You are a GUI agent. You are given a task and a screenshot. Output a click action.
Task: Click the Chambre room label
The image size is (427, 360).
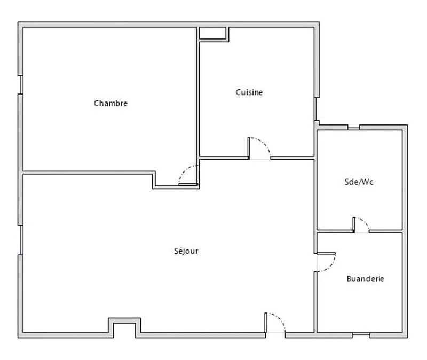point(110,103)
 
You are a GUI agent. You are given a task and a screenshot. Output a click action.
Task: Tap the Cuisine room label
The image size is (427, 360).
point(249,92)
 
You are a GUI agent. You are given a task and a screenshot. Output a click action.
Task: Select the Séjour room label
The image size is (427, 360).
point(186,251)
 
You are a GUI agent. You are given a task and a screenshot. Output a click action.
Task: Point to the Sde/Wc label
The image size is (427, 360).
point(359,182)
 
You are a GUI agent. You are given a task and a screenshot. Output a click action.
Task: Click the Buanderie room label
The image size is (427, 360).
point(365,279)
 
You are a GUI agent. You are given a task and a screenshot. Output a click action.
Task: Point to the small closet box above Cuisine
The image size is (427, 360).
point(213,33)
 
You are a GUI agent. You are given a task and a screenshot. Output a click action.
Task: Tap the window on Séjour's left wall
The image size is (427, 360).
point(21,240)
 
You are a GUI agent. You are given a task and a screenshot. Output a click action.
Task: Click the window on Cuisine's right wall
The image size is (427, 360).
point(317,109)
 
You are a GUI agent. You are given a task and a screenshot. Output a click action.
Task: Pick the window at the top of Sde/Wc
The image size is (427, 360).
point(353,127)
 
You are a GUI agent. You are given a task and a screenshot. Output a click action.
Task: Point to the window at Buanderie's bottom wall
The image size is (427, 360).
point(361,335)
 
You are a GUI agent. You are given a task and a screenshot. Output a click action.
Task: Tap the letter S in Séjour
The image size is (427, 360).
point(176,251)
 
